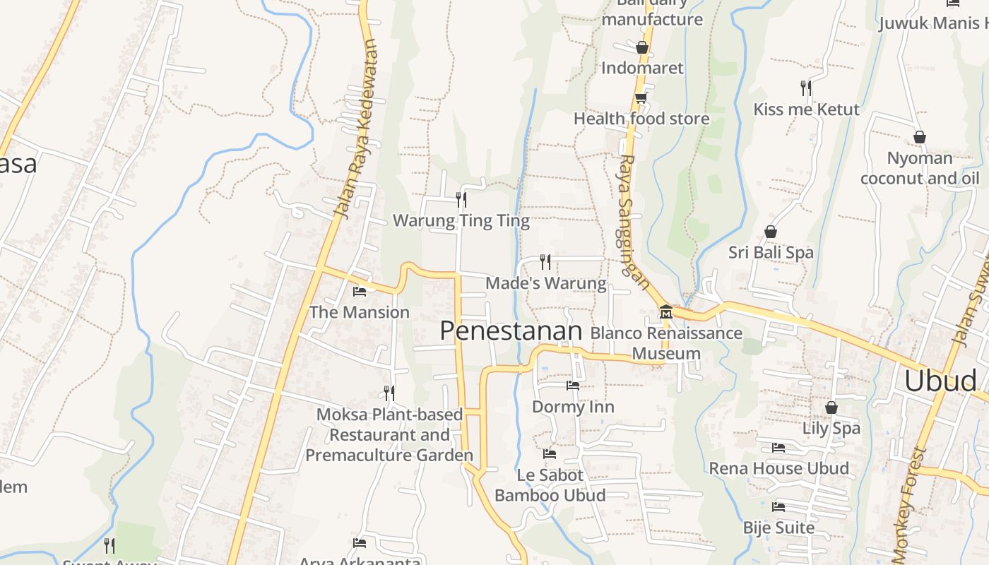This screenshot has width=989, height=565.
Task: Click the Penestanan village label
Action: [511, 331]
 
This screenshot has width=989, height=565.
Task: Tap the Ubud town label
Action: [940, 381]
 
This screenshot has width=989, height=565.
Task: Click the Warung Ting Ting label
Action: [461, 220]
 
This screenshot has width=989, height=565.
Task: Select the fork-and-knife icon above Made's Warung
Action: [545, 262]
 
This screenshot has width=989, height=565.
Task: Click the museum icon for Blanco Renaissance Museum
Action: [665, 311]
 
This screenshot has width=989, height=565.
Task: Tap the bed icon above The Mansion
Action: [360, 291]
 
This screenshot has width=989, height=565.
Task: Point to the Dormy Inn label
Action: [573, 407]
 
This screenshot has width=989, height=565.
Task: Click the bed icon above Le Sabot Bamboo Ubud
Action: [550, 453]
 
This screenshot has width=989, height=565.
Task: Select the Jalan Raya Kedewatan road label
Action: [357, 131]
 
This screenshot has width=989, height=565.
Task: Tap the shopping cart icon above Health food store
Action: [641, 98]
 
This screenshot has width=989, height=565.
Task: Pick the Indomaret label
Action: [642, 68]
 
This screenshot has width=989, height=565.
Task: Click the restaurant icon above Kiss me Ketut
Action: [805, 88]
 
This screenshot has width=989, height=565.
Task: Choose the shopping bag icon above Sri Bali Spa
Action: [771, 232]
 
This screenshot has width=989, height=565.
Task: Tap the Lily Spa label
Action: [831, 428]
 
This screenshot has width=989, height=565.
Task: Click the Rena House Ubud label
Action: [778, 468]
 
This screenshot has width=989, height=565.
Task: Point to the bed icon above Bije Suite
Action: [778, 506]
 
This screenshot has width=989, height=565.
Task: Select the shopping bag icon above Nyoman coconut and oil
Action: [919, 137]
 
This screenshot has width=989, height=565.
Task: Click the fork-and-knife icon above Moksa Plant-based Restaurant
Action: [389, 393]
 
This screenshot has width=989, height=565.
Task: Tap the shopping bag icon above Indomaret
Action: [641, 47]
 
